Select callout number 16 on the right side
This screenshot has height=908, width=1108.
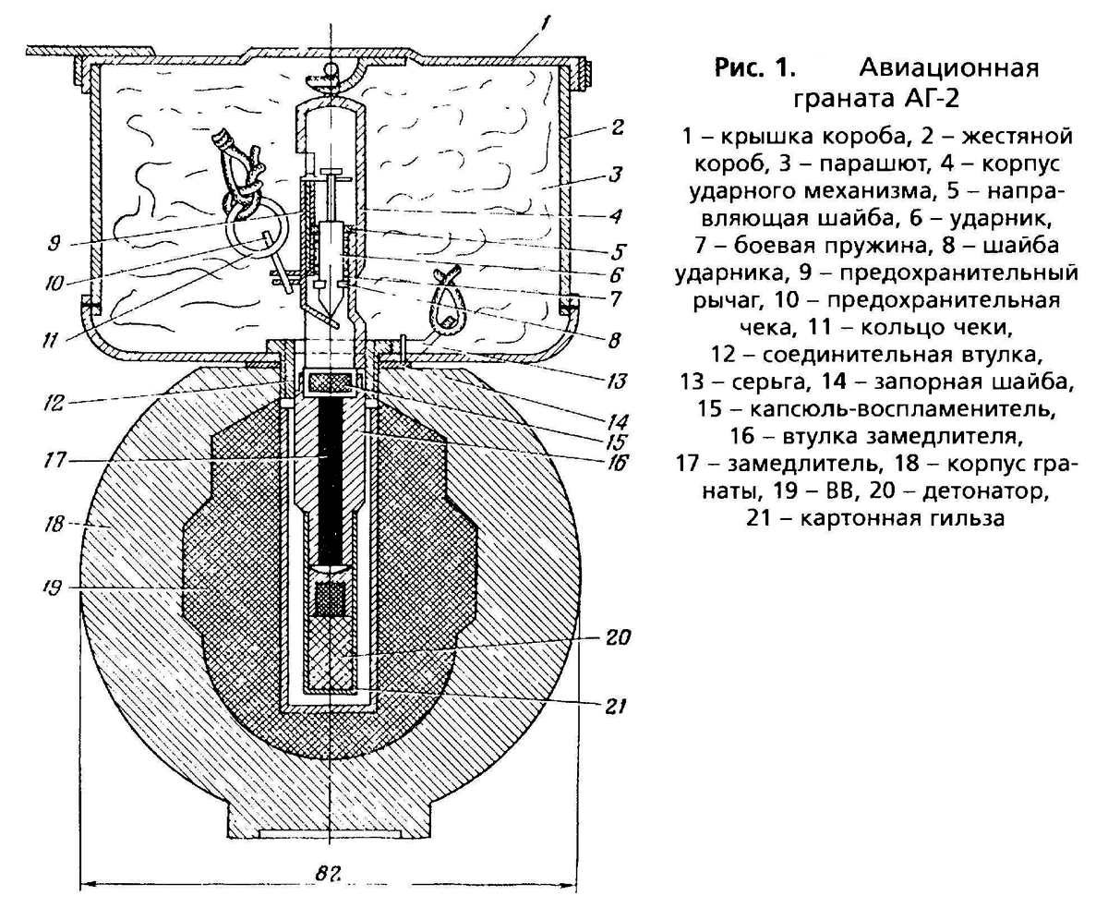(618, 460)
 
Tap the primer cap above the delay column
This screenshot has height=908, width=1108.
(329, 381)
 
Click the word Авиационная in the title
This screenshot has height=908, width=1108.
(949, 68)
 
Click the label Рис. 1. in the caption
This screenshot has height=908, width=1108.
(753, 68)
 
